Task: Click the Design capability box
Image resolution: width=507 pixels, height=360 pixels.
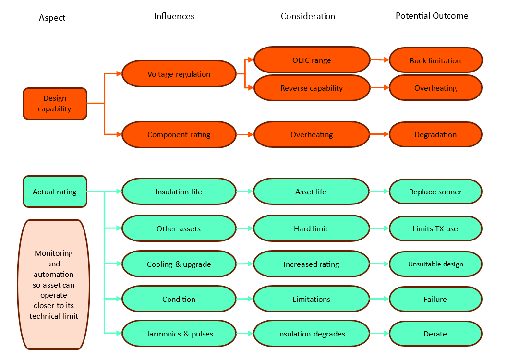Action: click(55, 104)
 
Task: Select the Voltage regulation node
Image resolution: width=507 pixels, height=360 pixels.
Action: click(179, 74)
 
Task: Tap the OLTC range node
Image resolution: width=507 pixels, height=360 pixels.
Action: click(312, 60)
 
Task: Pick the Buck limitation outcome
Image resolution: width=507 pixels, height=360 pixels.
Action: click(435, 60)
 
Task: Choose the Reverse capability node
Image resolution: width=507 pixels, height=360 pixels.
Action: click(312, 88)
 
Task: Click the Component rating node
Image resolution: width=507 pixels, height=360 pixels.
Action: click(179, 135)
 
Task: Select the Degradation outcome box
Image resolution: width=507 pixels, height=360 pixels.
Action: click(435, 135)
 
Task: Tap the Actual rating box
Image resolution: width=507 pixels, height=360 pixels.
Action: click(55, 192)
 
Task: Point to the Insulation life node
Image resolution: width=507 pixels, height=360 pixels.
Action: click(179, 192)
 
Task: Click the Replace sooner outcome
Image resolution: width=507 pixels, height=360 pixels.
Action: click(435, 192)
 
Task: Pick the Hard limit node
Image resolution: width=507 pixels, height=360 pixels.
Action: click(311, 228)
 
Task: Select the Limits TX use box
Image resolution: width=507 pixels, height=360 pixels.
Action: click(435, 228)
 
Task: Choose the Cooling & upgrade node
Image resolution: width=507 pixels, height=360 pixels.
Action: click(179, 264)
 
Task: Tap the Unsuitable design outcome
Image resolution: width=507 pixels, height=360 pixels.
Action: click(435, 264)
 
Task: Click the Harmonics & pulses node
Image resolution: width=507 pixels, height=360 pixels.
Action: click(179, 334)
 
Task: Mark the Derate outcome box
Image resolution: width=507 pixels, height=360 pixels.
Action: click(435, 334)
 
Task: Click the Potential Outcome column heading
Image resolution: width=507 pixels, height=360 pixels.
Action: click(432, 16)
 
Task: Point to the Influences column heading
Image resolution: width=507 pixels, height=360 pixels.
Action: click(174, 16)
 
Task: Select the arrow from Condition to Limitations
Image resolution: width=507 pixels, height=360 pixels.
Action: click(244, 299)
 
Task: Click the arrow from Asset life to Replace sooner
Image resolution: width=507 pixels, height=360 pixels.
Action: click(379, 192)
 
